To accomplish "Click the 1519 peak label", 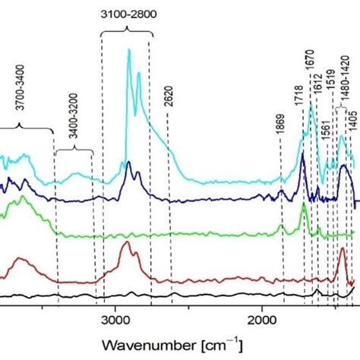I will (x=330, y=90).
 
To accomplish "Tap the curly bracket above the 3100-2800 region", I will (x=127, y=31).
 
